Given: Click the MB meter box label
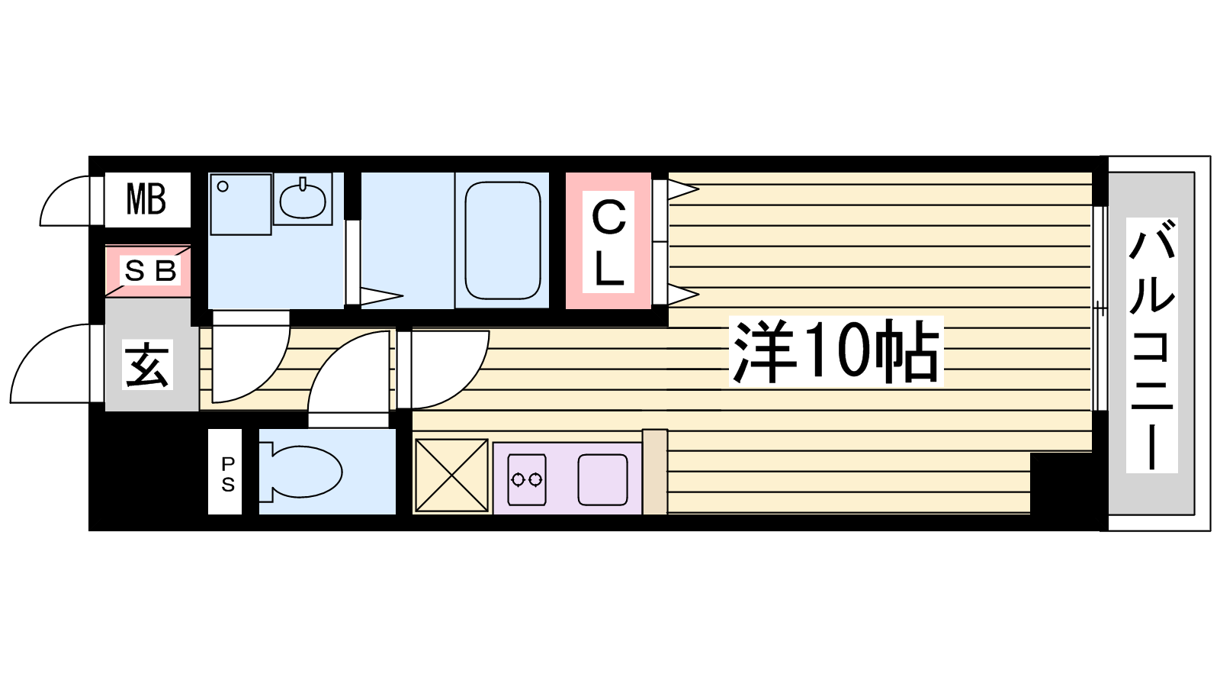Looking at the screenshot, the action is point(146,199).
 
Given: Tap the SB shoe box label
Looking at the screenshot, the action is point(150,270).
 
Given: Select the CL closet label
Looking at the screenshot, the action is point(608,242).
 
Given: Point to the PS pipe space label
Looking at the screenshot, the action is point(228,474).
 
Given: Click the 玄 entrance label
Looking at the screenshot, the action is point(148,364).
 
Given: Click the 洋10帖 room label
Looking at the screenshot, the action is point(836,351).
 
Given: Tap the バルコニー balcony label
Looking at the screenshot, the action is point(1151,344).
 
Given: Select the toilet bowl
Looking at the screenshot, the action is point(300,472).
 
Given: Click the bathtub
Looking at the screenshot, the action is point(502,240).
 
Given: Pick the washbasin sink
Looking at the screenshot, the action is point(303,199).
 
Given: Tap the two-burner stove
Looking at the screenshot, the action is point(527,479).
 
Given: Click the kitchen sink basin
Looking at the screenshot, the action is point(602,479).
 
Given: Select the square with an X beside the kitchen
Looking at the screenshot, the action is point(451,476).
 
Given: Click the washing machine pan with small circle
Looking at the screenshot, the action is point(241,205).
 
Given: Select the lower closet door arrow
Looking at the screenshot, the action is point(683,295).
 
